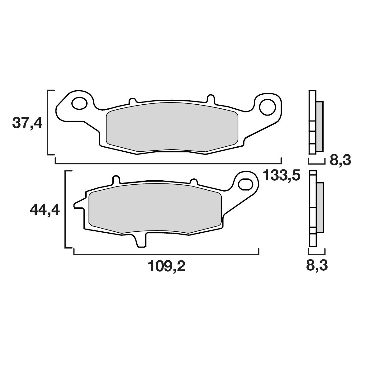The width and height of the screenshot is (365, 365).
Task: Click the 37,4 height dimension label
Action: [x=27, y=123]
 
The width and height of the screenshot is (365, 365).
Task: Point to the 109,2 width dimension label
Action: [x=166, y=266]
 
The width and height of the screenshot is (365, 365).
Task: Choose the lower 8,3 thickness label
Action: [x=317, y=266]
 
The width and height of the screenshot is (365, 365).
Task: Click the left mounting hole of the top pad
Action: [x=79, y=103]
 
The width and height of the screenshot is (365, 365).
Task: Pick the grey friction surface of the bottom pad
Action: [x=155, y=209]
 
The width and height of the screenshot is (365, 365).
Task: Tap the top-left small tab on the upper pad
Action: [x=132, y=101]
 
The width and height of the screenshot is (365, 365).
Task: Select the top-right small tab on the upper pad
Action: [x=211, y=98]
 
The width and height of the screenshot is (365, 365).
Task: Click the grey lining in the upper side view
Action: [x=320, y=127]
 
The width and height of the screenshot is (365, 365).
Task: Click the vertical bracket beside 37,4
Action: [x=48, y=122]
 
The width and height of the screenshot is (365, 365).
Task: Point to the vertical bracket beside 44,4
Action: [x=65, y=209]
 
